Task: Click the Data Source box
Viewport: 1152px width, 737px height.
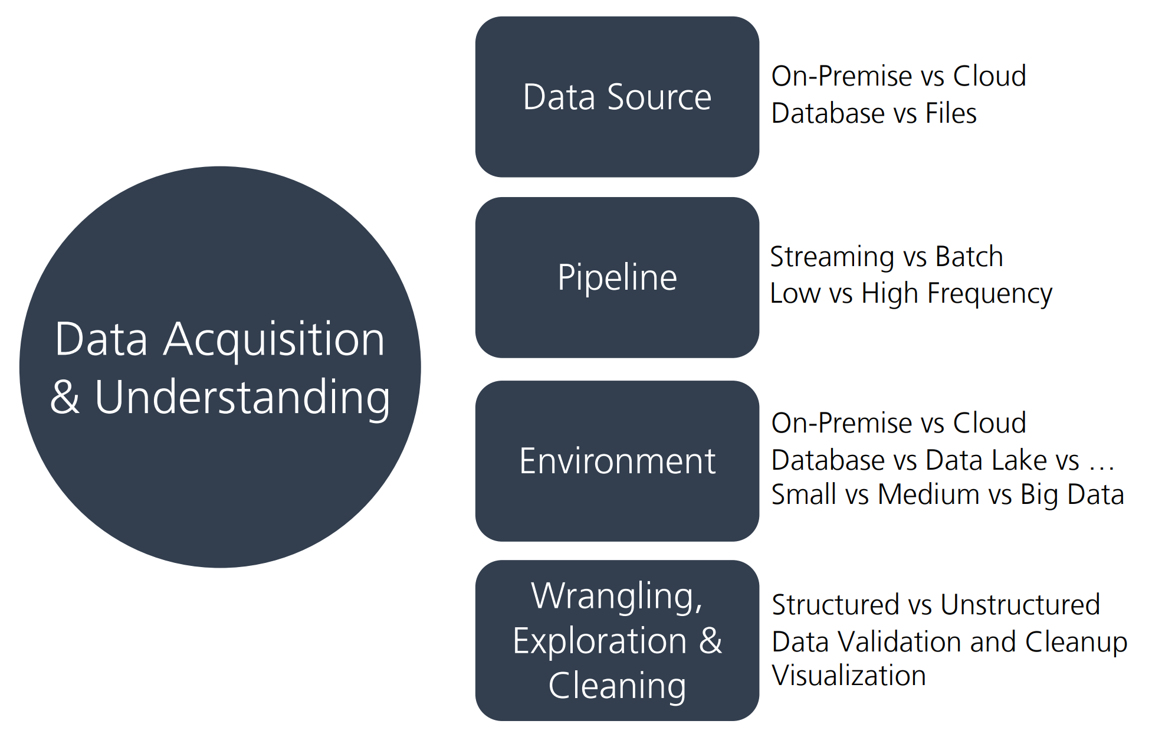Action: click(617, 97)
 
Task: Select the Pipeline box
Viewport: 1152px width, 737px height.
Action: click(617, 277)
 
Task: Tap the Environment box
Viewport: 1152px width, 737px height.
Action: click(617, 461)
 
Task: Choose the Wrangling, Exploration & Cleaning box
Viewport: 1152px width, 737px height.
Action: click(617, 640)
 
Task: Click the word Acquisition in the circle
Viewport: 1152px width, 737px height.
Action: click(274, 340)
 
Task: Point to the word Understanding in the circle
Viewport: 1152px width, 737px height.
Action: click(242, 398)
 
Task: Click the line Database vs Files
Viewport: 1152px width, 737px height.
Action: click(874, 113)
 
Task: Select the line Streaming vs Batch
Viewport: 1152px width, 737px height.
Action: click(886, 257)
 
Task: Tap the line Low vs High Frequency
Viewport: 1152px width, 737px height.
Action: click(910, 293)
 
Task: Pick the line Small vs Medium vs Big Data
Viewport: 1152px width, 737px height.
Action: click(947, 494)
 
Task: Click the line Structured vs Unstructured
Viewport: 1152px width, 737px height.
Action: click(936, 605)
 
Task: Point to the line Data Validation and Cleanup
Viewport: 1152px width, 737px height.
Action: click(949, 641)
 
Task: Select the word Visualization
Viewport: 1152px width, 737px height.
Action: click(849, 675)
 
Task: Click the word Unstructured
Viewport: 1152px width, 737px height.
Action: click(1020, 605)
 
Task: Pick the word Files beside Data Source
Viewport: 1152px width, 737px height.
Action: click(951, 113)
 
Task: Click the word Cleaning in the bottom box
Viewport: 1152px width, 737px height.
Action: click(617, 686)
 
